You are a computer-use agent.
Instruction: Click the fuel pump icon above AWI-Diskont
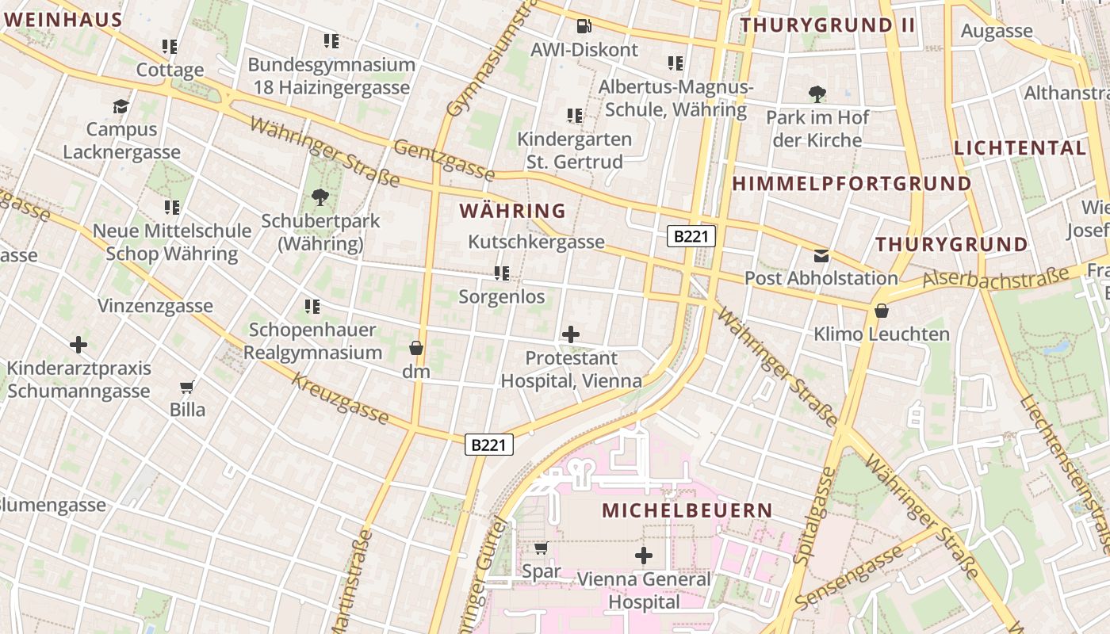point(584,26)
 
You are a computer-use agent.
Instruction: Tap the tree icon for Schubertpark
point(320,197)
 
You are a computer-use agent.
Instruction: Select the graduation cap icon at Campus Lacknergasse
point(121,106)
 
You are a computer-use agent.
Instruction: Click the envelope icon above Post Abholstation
point(821,255)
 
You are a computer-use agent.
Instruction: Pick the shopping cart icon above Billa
point(187,387)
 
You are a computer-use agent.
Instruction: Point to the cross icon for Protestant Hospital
point(570,334)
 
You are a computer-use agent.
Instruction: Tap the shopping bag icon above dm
point(415,348)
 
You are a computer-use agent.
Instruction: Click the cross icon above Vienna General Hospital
point(644,556)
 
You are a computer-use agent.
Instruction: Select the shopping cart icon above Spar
point(541,548)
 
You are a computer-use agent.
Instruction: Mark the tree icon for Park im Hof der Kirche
point(817,94)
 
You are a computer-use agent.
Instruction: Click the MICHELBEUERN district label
point(687,510)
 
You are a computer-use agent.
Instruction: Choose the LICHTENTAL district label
point(1020,148)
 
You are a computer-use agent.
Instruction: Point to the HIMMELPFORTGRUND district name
point(852,184)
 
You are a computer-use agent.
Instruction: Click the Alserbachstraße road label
point(996,278)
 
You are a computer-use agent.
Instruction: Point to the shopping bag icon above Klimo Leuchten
point(881,311)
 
